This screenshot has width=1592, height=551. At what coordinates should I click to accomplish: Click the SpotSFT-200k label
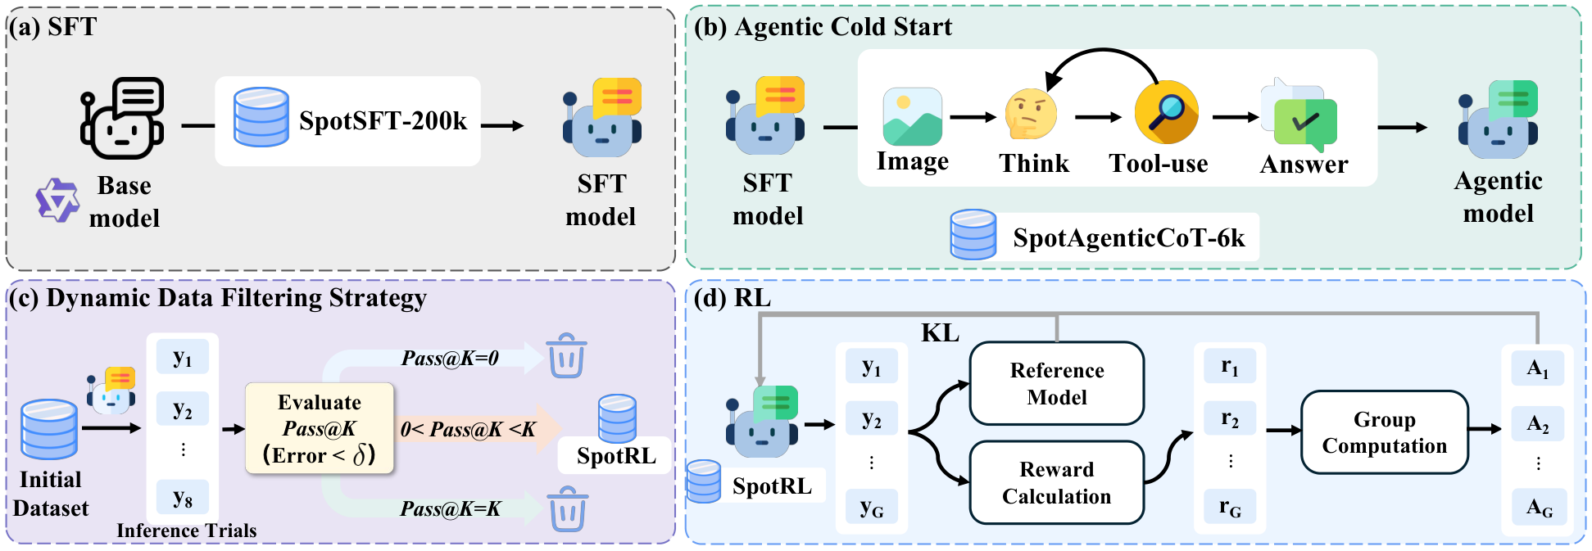click(383, 121)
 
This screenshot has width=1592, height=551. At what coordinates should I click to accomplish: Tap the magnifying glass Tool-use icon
click(1166, 112)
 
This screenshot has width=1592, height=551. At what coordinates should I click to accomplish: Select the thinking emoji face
click(1031, 115)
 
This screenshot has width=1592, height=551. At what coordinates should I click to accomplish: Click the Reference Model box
click(1056, 383)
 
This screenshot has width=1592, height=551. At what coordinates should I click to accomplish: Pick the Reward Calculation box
click(1056, 482)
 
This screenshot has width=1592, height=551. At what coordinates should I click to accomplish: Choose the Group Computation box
click(1384, 432)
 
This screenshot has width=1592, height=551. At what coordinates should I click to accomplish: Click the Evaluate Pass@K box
click(320, 428)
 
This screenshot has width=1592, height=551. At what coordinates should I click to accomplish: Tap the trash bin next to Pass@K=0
click(567, 355)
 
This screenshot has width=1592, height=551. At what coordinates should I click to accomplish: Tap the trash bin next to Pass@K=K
click(567, 508)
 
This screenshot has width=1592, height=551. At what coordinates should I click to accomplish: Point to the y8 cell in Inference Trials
click(182, 497)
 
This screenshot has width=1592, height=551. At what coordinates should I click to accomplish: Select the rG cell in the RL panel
click(1230, 508)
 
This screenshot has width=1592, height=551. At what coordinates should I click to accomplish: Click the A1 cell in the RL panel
click(1537, 368)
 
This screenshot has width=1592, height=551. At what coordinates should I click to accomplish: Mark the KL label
click(940, 333)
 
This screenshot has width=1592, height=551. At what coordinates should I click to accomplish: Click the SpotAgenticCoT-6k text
click(1128, 238)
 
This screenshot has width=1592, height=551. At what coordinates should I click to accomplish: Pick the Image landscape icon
click(912, 117)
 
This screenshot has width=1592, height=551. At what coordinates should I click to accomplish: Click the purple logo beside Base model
click(57, 200)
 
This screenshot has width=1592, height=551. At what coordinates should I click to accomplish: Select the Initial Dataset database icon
click(49, 429)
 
